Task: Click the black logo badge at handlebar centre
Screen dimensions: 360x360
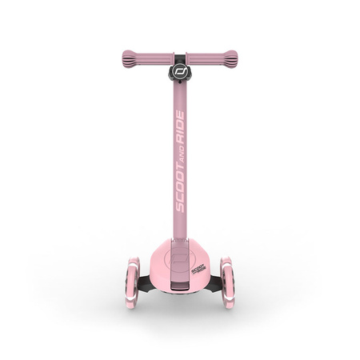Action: pyautogui.click(x=179, y=70)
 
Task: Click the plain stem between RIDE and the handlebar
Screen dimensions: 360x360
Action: pyautogui.click(x=179, y=100)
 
